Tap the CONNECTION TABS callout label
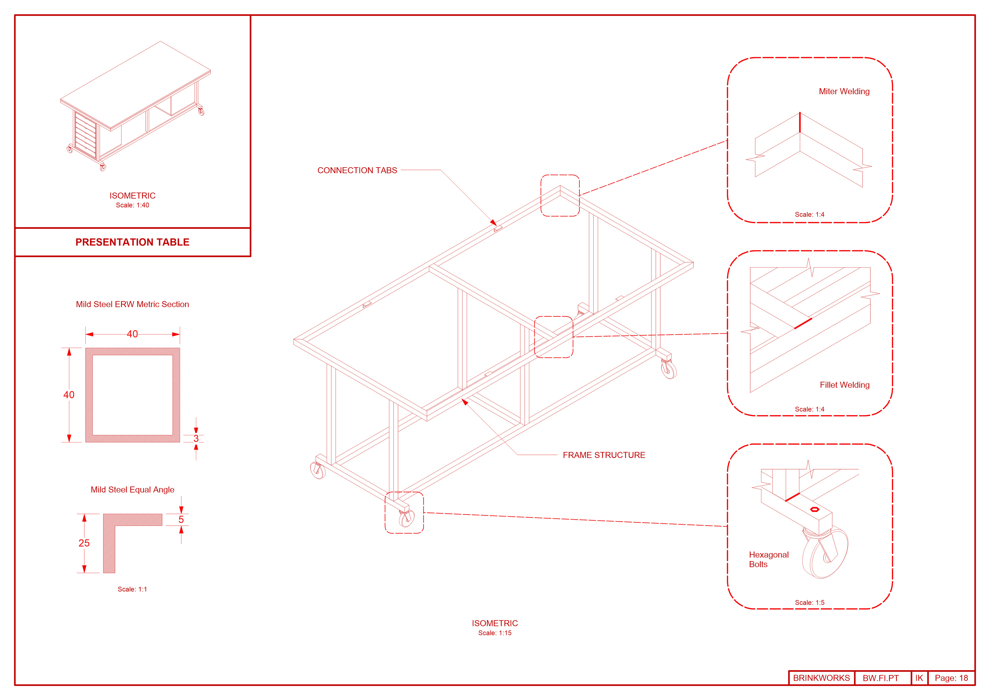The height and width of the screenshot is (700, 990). [x=357, y=170]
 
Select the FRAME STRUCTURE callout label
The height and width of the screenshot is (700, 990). [x=604, y=455]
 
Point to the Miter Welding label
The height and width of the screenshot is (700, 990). [x=844, y=92]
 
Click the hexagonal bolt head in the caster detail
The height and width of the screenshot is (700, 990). [x=814, y=509]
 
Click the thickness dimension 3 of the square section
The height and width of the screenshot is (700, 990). [x=196, y=438]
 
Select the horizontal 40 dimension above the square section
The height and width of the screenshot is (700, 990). [x=132, y=334]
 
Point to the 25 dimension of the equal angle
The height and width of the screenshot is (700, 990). [x=84, y=543]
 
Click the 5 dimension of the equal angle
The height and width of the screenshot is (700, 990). [x=181, y=519]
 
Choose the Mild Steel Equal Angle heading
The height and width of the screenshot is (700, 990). [x=132, y=490]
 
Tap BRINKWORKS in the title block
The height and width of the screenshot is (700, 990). [x=821, y=678]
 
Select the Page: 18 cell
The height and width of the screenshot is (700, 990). [x=951, y=678]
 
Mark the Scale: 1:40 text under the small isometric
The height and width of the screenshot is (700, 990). [x=132, y=205]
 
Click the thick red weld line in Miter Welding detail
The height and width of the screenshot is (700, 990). [x=800, y=122]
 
